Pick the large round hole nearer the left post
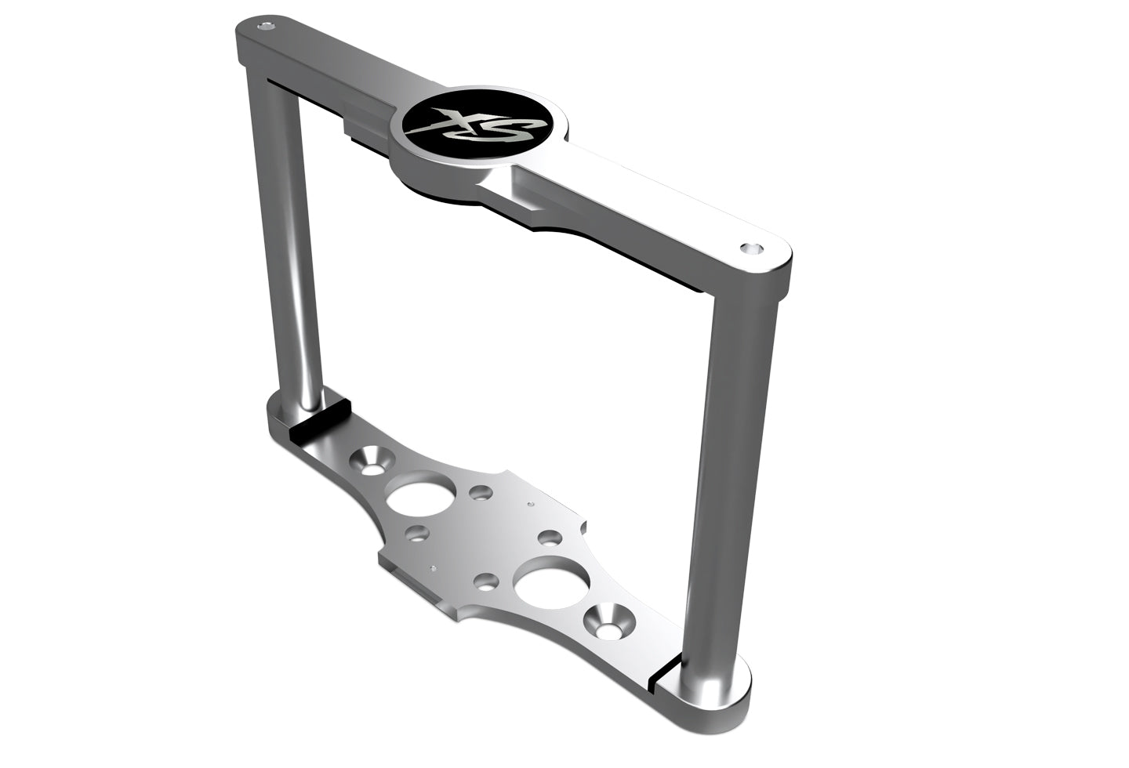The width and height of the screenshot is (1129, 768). click(x=421, y=494)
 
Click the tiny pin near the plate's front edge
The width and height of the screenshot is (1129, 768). click(x=433, y=566)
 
